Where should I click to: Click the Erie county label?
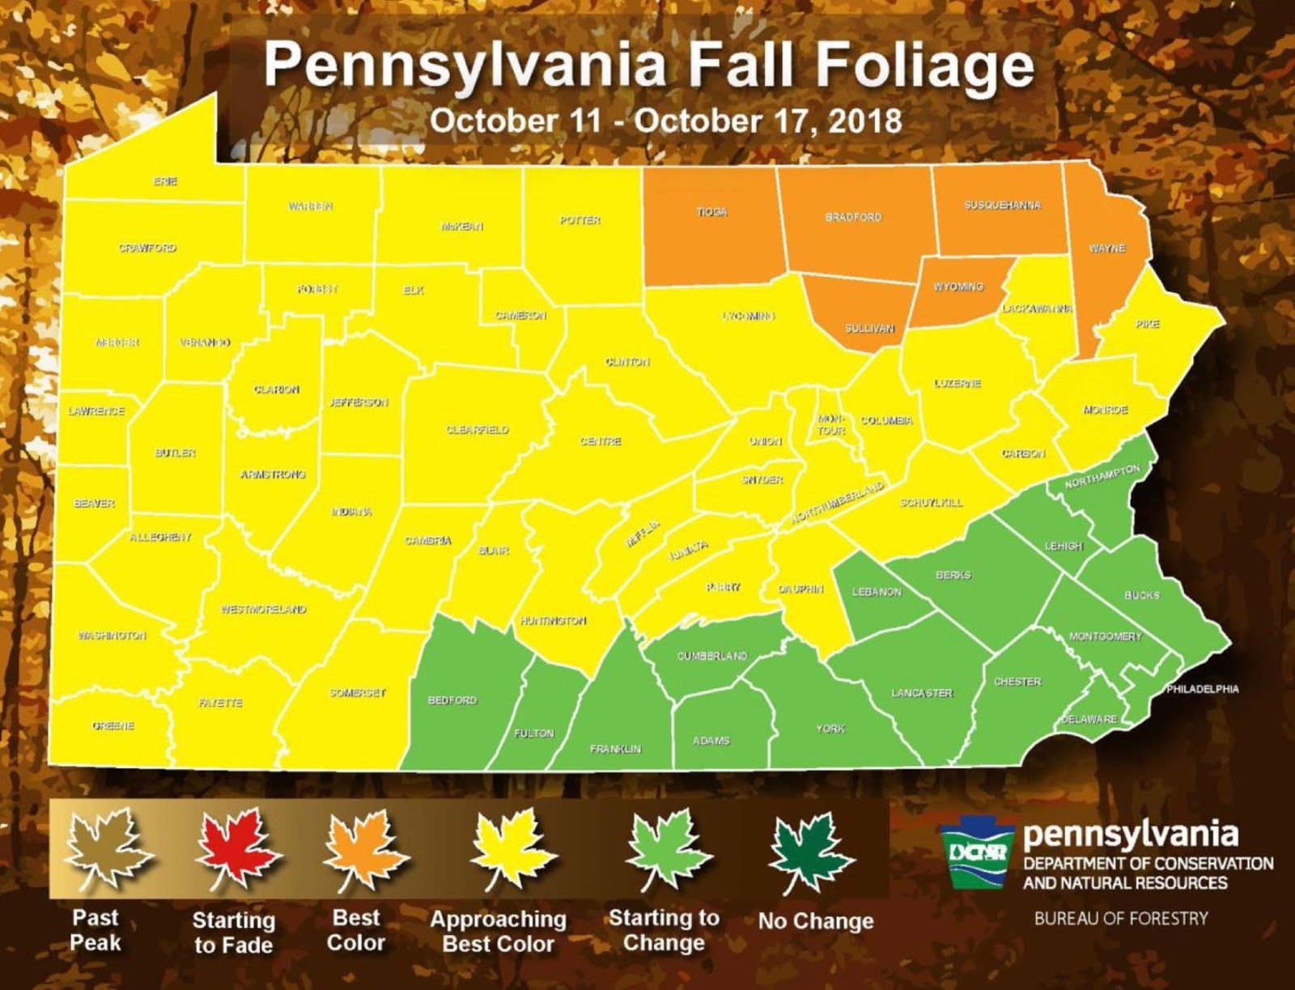(165, 181)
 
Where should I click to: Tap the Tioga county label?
(711, 211)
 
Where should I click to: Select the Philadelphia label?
(1202, 689)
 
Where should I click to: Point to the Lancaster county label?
(922, 693)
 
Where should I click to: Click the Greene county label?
(113, 725)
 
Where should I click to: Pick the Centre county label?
(601, 441)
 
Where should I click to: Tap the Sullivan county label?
(869, 328)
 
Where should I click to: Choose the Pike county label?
(1147, 324)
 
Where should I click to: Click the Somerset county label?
(357, 693)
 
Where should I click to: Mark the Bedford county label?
(452, 699)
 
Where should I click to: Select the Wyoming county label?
(958, 287)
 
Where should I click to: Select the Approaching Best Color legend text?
(498, 931)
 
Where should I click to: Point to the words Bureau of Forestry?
(1120, 918)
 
